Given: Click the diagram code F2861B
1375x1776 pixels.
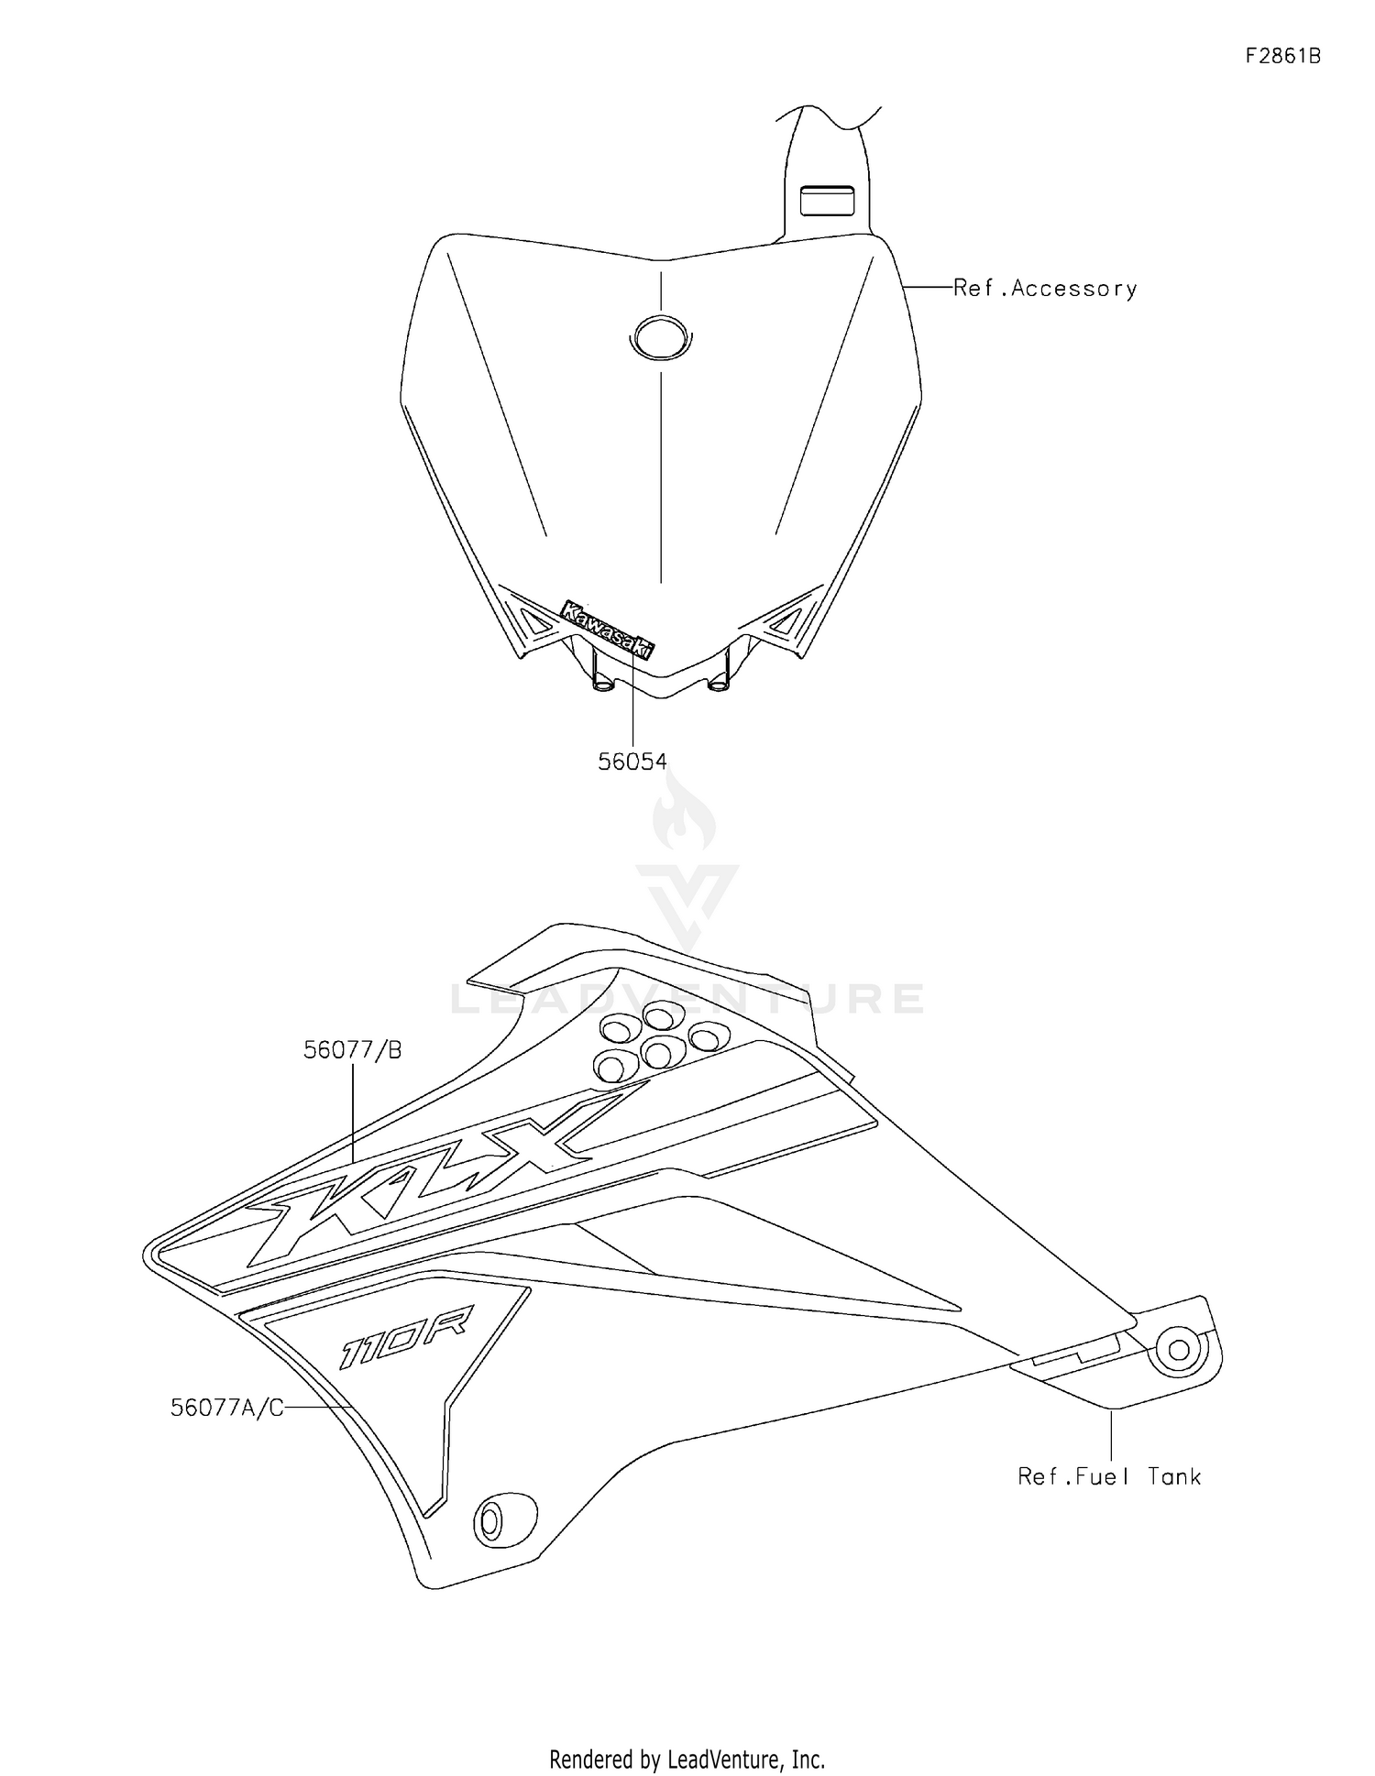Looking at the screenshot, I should [x=1282, y=56].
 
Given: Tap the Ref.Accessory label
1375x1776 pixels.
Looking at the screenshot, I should [x=1045, y=289].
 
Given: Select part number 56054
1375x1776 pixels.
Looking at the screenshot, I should [x=632, y=762].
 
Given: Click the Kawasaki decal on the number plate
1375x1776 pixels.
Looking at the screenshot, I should [x=608, y=629].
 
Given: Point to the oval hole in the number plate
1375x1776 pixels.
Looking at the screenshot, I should [x=660, y=337].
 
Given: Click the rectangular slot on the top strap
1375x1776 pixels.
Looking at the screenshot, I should [x=827, y=201].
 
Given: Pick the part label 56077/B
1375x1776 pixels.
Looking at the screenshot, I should [x=353, y=1050].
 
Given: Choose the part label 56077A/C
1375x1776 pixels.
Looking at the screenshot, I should [x=227, y=1407].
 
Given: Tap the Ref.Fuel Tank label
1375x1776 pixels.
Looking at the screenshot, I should [x=1109, y=1476].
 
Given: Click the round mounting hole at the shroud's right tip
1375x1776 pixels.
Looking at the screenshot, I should [x=1180, y=1349].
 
